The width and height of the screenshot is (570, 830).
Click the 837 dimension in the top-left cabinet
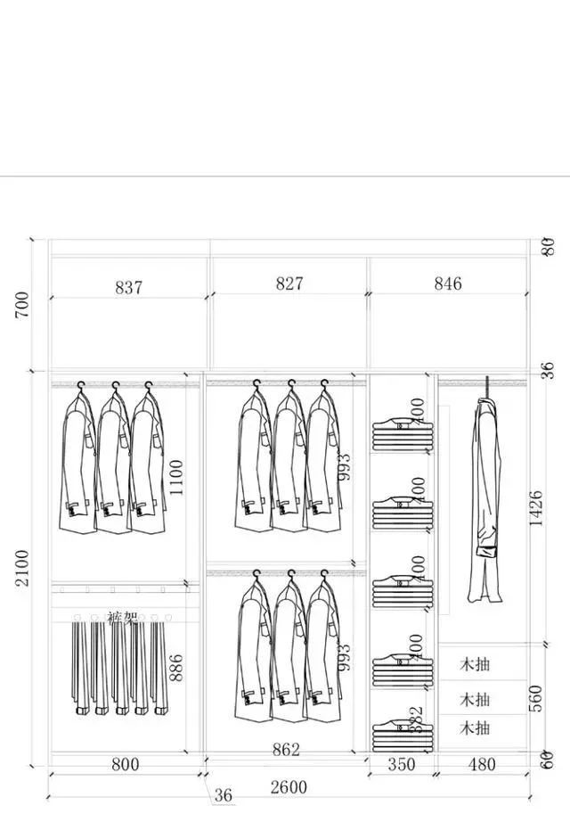[128, 287]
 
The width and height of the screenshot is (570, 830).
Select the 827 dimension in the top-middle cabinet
[289, 284]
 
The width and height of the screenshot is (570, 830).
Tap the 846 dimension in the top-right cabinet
[448, 284]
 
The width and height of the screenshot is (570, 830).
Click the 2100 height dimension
[22, 567]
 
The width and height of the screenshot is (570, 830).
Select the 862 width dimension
[286, 750]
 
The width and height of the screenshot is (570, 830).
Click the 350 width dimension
[402, 765]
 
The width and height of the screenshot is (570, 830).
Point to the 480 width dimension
[481, 765]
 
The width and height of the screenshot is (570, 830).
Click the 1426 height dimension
[535, 508]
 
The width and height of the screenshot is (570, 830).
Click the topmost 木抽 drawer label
[475, 664]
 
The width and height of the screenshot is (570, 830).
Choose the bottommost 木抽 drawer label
[475, 728]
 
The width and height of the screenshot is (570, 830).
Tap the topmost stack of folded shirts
[400, 434]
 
